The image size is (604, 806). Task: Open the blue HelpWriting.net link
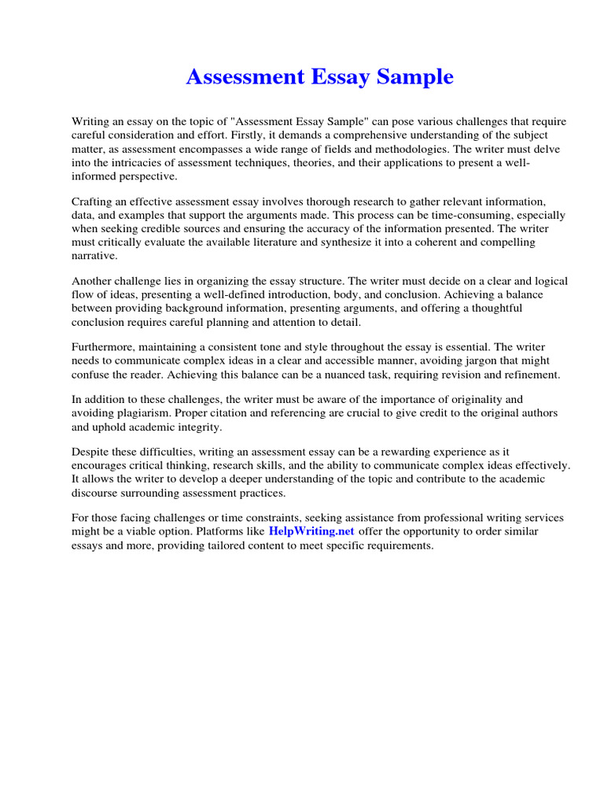tap(311, 531)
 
